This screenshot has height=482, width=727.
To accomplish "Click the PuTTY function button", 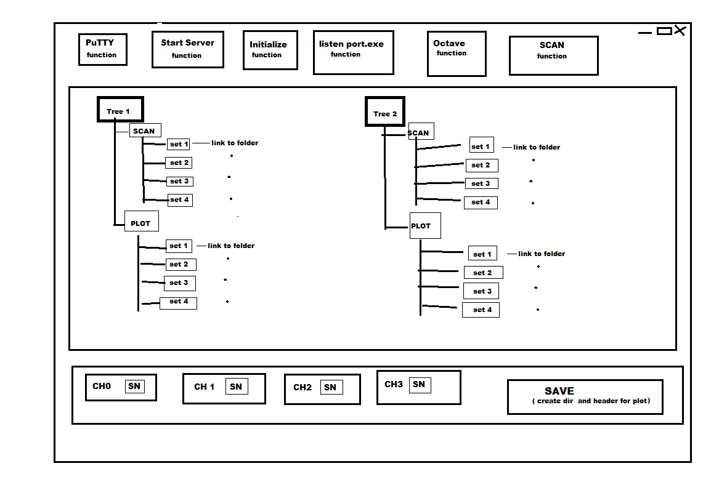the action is click(103, 49).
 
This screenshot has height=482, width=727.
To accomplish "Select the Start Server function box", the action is click(188, 49).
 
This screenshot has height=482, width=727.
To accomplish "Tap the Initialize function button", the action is click(270, 50).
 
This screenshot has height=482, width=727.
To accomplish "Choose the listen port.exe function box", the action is click(353, 52).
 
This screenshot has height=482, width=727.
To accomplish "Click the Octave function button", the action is click(457, 54).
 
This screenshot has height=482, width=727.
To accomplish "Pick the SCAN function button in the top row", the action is click(554, 55).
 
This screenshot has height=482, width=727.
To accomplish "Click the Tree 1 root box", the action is click(120, 110).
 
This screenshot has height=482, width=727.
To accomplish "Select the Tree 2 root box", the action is click(385, 111).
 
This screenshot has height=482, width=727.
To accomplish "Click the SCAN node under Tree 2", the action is click(421, 131).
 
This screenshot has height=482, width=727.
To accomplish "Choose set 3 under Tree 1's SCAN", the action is click(179, 181).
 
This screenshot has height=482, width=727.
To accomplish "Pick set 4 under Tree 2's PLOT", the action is click(481, 310).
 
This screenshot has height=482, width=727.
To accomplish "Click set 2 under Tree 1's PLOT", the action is click(181, 265).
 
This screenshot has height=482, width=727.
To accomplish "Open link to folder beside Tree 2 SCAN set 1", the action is click(537, 147).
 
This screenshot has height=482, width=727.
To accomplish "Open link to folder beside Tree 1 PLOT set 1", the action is click(231, 246).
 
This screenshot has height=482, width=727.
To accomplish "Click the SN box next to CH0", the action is click(134, 386).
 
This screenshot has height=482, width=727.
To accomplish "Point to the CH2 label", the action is click(303, 387).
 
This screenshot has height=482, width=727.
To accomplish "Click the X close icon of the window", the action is click(680, 31).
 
